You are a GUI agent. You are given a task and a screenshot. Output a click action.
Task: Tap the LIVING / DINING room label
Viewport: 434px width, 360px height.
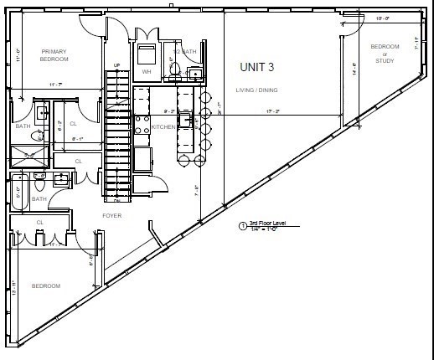click(258, 90)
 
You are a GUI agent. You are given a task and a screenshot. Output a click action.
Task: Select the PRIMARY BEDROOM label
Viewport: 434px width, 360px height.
click(54, 55)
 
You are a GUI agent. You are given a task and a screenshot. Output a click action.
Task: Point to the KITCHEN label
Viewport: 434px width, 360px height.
click(163, 127)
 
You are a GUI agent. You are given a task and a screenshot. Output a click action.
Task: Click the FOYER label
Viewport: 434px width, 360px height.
click(111, 216)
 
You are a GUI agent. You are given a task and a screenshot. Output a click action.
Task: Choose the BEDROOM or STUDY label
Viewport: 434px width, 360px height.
click(385, 53)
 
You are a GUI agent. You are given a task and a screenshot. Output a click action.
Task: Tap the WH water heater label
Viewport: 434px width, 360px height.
click(147, 72)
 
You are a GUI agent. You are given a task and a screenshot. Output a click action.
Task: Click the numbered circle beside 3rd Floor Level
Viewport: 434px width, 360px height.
click(242, 225)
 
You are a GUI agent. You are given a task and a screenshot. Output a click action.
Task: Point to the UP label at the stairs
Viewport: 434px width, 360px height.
click(117, 64)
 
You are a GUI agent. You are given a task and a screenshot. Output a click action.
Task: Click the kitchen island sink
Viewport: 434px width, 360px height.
click(188, 120)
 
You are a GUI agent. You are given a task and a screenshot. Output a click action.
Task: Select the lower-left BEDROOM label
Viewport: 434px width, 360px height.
click(46, 286)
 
